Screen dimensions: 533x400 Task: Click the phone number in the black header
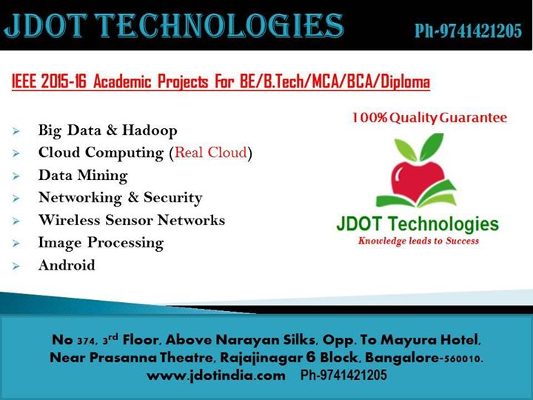[468, 31]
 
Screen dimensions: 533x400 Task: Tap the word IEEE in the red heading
[24, 81]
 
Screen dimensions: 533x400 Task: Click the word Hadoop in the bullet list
[150, 130]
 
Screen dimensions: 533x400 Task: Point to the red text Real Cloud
[211, 153]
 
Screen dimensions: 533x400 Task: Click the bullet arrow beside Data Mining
[16, 176]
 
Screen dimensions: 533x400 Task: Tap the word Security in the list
[172, 198]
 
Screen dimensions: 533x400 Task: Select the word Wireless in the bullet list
[70, 220]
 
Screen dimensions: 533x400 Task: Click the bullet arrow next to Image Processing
[16, 243]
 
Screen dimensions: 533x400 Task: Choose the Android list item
[67, 265]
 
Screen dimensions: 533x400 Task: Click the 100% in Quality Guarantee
[369, 118]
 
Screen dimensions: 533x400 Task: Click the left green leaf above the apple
[406, 149]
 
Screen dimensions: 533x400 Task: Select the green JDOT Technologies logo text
[418, 224]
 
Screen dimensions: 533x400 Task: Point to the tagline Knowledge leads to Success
[418, 241]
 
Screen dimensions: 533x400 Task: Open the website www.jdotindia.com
[216, 376]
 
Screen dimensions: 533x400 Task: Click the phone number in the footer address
[343, 375]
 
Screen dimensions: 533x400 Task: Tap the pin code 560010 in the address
[463, 359]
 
